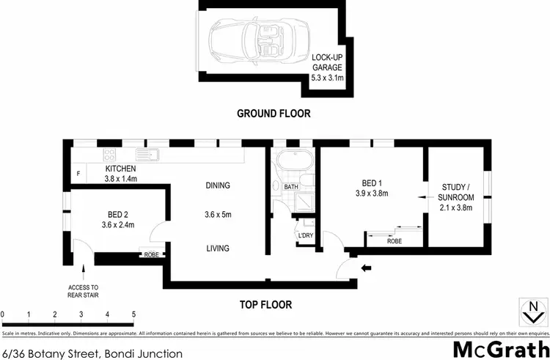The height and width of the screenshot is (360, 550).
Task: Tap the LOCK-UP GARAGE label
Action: coord(327,67)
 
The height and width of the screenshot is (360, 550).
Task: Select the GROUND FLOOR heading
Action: coord(274,114)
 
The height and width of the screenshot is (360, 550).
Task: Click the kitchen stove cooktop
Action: coord(111,155)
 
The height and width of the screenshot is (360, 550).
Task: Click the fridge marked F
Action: coord(78,174)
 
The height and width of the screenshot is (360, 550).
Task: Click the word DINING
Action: coord(218,185)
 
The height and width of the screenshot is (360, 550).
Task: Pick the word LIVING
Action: coord(218,249)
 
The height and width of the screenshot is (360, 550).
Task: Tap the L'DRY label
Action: coord(306,235)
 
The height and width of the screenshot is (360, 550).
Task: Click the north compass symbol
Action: coord(531,311)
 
